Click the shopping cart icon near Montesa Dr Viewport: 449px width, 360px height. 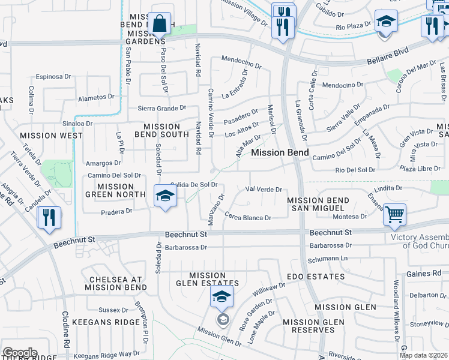pos(394,214)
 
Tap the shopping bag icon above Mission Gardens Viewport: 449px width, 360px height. pos(159,24)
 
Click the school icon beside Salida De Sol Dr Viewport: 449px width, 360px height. pos(165,196)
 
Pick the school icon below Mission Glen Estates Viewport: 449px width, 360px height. pos(221,296)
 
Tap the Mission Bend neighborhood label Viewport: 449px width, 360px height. pos(280,152)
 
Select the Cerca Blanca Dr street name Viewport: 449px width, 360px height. pos(248,216)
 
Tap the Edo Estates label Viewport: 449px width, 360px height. pos(316,277)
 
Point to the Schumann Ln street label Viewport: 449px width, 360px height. pos(328,259)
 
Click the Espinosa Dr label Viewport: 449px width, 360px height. pos(53,77)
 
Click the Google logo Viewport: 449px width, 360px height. pos(20,353)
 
